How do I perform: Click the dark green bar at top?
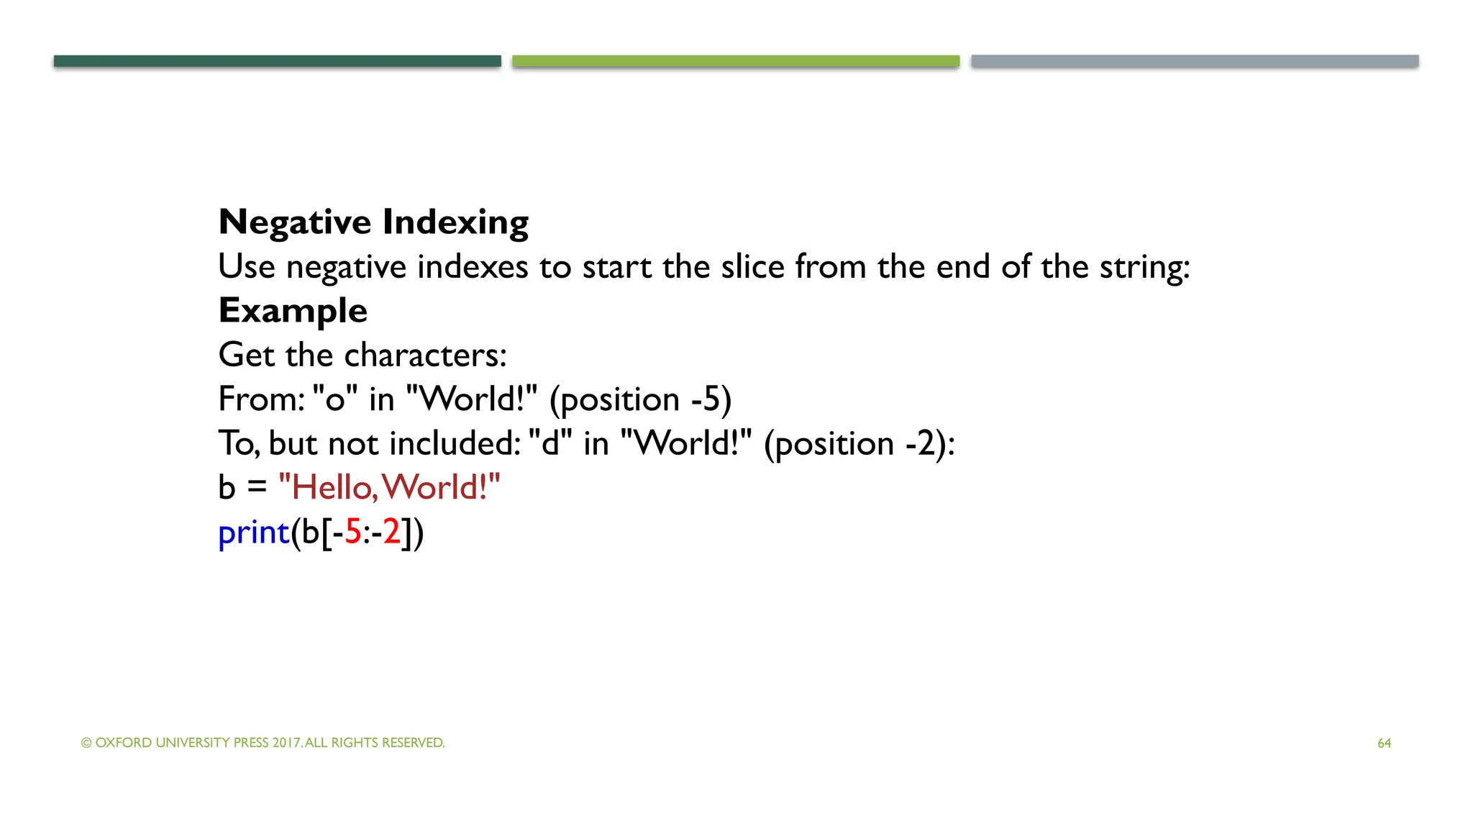pyautogui.click(x=277, y=61)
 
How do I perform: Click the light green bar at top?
pyautogui.click(x=736, y=61)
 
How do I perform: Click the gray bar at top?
pyautogui.click(x=1195, y=61)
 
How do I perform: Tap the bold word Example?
pyautogui.click(x=293, y=311)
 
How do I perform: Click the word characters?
pyautogui.click(x=426, y=355)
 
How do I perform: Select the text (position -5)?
pyautogui.click(x=640, y=400)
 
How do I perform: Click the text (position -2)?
pyautogui.click(x=859, y=444)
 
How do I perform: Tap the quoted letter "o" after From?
pyautogui.click(x=335, y=400)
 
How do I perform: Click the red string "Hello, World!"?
pyautogui.click(x=389, y=488)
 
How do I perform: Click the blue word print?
pyautogui.click(x=253, y=533)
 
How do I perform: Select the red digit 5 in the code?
pyautogui.click(x=353, y=533)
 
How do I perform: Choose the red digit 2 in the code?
pyautogui.click(x=391, y=533)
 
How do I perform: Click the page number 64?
pyautogui.click(x=1384, y=743)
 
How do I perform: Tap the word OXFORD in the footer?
pyautogui.click(x=123, y=743)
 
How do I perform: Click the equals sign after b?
pyautogui.click(x=257, y=488)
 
